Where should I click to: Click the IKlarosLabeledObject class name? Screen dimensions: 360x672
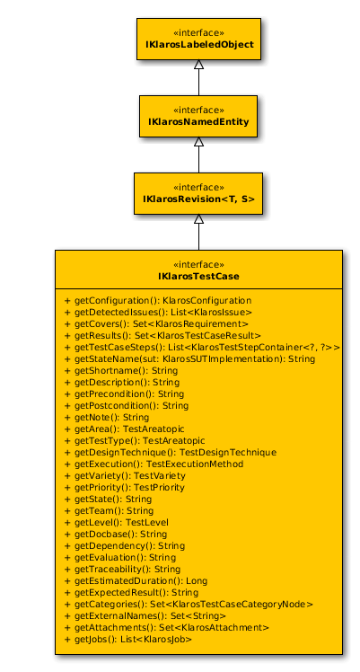click(199, 45)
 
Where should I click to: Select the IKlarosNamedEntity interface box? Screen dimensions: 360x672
click(198, 116)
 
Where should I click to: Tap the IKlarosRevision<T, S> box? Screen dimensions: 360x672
click(198, 193)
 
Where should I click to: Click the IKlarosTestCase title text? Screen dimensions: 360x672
click(198, 276)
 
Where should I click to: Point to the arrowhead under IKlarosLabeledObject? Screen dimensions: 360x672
click(198, 65)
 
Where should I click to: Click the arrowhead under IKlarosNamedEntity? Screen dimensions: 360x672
click(198, 141)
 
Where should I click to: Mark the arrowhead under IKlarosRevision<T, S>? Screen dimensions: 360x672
click(198, 218)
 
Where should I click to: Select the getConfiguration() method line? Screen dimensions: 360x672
click(157, 300)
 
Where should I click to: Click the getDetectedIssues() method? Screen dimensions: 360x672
click(158, 312)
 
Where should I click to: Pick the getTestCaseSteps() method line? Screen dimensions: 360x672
click(202, 347)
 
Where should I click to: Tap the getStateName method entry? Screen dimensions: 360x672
click(189, 358)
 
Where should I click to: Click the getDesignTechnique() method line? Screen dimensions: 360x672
click(170, 452)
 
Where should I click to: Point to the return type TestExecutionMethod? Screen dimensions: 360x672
click(195, 464)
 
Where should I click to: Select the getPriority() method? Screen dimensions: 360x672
click(124, 487)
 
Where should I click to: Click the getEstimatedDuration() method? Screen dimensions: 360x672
click(136, 580)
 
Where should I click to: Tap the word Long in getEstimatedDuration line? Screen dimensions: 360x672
click(197, 581)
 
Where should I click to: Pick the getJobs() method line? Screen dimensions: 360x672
click(127, 640)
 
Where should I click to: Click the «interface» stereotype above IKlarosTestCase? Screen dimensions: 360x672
click(198, 264)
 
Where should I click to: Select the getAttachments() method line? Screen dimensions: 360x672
click(166, 627)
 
